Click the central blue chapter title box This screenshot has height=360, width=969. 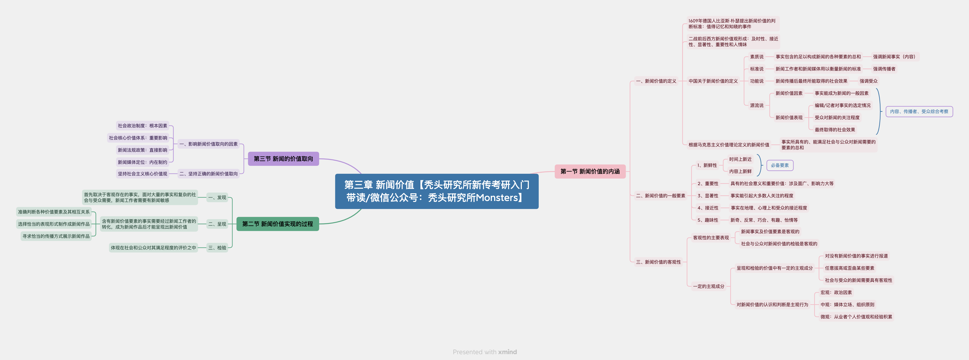[437, 191]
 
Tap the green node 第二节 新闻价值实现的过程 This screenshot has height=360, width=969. [278, 224]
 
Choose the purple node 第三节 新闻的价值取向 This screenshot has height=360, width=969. [283, 159]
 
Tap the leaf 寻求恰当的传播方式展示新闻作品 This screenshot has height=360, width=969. [56, 236]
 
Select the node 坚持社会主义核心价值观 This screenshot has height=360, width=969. [143, 174]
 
